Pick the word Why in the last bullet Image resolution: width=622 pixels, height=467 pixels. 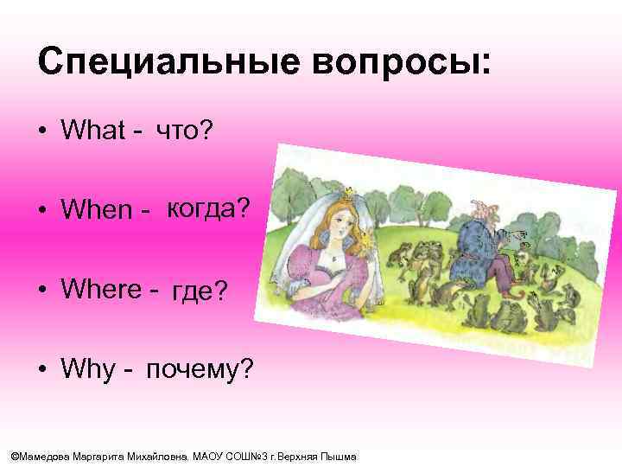[x=87, y=371]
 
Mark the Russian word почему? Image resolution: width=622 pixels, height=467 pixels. [x=200, y=371]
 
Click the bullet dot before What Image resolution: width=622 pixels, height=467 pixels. [x=41, y=132]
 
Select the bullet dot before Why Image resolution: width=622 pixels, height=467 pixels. [x=41, y=371]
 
